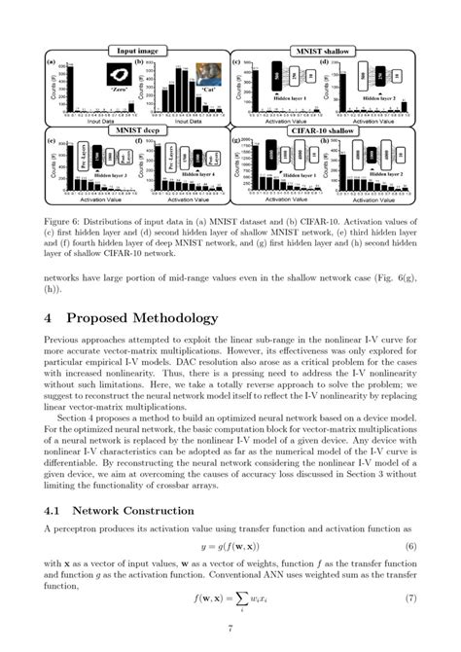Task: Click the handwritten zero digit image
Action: (119, 74)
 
